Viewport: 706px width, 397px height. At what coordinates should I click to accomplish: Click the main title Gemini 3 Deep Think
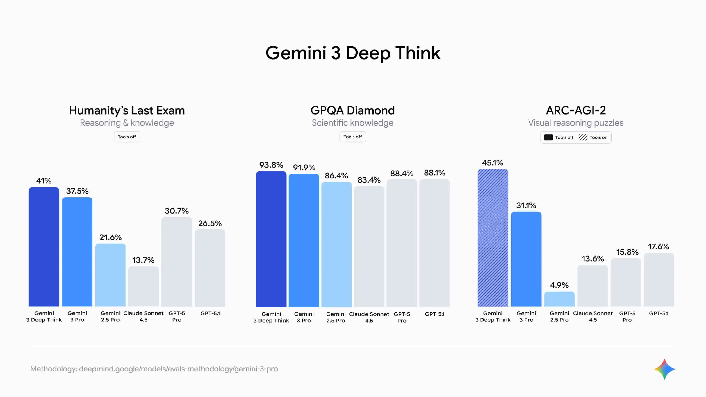pos(353,53)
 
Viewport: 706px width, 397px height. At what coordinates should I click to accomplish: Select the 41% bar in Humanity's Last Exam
pos(44,247)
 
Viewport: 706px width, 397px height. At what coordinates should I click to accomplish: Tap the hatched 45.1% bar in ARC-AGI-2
pos(493,238)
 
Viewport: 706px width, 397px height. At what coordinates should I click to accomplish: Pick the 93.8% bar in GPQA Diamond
pos(271,239)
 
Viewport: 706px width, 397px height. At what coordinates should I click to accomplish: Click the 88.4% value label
pos(402,174)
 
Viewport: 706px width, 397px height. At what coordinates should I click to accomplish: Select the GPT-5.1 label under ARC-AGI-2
pos(659,313)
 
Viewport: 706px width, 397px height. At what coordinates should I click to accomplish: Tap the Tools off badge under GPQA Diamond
pos(352,137)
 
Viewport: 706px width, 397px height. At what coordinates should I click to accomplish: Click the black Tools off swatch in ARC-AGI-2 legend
pos(548,137)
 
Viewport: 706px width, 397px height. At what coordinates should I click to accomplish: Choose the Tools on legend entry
pos(593,137)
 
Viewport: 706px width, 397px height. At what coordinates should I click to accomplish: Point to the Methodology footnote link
pos(154,369)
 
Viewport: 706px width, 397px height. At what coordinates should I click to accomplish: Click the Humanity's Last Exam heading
pos(127,110)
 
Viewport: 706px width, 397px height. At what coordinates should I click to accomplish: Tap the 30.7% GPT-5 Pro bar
pos(176,262)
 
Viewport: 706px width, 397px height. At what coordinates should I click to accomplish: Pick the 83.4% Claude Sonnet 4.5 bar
pos(369,247)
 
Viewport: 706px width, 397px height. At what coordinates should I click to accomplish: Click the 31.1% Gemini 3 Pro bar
pos(526,259)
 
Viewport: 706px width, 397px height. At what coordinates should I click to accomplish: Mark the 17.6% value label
pos(658,247)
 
